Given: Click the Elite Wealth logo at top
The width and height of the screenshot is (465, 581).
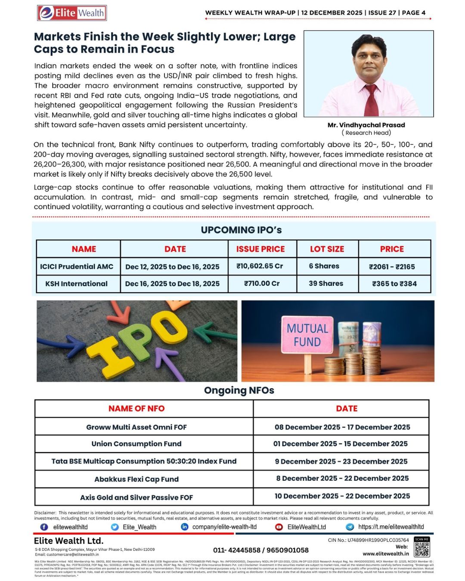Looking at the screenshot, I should click(x=72, y=13).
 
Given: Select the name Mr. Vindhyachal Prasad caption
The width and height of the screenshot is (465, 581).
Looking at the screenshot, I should click(x=366, y=125).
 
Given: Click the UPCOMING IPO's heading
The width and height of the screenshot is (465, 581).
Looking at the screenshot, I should click(x=241, y=230).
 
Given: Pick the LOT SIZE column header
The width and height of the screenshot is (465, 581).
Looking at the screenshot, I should click(x=327, y=249).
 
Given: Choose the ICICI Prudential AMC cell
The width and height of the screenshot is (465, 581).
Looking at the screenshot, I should click(x=77, y=266).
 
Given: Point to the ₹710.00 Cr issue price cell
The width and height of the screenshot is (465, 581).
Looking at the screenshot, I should click(x=262, y=284).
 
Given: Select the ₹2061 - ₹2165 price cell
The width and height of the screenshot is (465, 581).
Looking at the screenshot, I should click(x=392, y=266).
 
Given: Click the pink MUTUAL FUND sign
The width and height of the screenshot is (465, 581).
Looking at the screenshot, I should click(x=307, y=336).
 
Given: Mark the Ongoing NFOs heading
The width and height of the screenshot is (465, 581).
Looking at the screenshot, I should click(x=239, y=390).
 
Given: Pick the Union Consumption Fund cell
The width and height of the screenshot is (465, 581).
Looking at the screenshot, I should click(x=136, y=444).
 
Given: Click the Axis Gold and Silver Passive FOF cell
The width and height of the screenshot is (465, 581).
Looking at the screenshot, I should click(x=136, y=497).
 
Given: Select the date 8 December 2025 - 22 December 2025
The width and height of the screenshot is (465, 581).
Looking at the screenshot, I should click(x=342, y=479).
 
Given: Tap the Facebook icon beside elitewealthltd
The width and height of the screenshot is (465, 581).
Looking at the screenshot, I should click(x=44, y=527).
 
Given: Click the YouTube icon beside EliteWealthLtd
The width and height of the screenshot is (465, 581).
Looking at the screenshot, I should click(x=279, y=527).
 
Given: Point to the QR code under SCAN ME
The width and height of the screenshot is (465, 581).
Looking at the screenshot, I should click(x=422, y=549).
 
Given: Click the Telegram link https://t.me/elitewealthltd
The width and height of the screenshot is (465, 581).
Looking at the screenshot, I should click(x=391, y=527).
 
